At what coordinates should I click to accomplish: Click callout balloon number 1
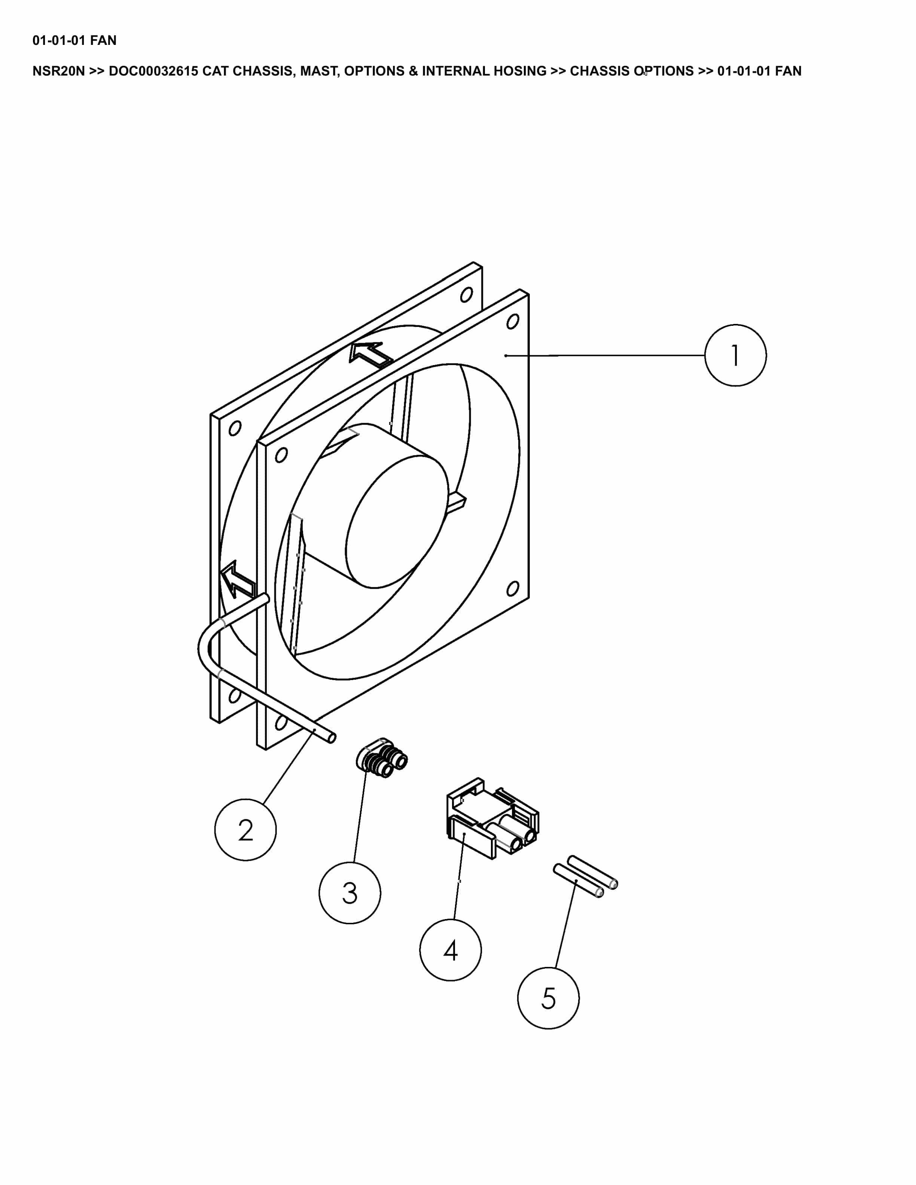(735, 355)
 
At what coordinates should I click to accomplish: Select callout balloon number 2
(245, 830)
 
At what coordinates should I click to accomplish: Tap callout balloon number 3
(349, 892)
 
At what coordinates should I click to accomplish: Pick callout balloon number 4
(451, 950)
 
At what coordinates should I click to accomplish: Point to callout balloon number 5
(548, 998)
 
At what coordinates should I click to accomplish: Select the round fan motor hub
(396, 521)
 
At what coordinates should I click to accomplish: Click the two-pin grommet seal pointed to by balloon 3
(382, 758)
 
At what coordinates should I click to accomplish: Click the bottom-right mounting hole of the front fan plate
(512, 588)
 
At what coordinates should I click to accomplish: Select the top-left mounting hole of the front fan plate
(281, 455)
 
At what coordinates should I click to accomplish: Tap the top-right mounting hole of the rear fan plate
(466, 295)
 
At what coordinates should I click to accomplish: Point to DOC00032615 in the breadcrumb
(153, 71)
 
